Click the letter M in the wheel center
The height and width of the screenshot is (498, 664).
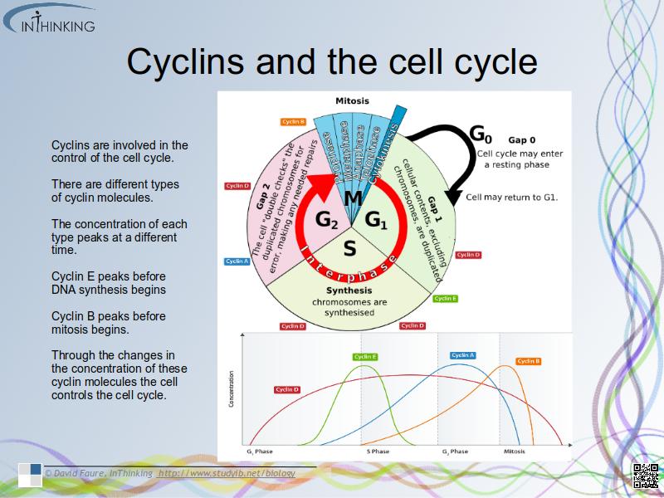pyautogui.click(x=353, y=198)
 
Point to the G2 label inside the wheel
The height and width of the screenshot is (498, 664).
pyautogui.click(x=326, y=220)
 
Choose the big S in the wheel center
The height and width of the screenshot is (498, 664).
pyautogui.click(x=349, y=247)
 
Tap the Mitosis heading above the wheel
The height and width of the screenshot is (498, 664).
pyautogui.click(x=352, y=101)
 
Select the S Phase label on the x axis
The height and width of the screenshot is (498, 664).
pyautogui.click(x=378, y=452)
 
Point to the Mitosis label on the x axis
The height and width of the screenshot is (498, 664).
pyautogui.click(x=515, y=452)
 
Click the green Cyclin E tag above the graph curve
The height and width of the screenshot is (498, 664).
pyautogui.click(x=365, y=357)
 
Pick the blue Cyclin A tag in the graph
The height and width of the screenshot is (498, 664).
pyautogui.click(x=463, y=355)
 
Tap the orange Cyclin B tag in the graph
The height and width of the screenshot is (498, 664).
pyautogui.click(x=529, y=361)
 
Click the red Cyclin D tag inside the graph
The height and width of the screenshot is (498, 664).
pyautogui.click(x=287, y=389)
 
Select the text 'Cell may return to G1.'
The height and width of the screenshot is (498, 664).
pyautogui.click(x=511, y=198)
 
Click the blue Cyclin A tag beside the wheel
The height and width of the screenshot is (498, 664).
pyautogui.click(x=237, y=261)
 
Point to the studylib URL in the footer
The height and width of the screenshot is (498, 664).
pyautogui.click(x=227, y=473)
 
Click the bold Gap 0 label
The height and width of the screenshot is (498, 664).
pyautogui.click(x=522, y=140)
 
